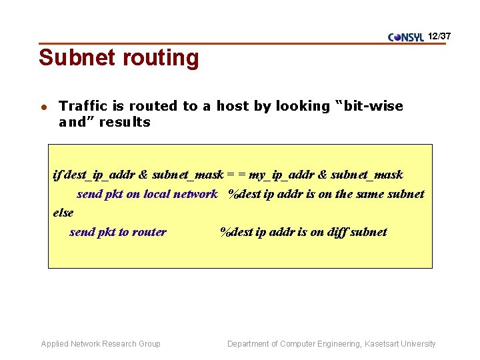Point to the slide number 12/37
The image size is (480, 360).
(440, 35)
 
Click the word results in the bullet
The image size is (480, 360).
(124, 122)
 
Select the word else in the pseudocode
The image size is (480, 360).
(63, 213)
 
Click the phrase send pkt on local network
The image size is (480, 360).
(147, 194)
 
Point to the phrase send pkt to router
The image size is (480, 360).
(118, 232)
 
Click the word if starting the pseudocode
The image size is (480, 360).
(56, 175)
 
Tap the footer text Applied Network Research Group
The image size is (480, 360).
(101, 344)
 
